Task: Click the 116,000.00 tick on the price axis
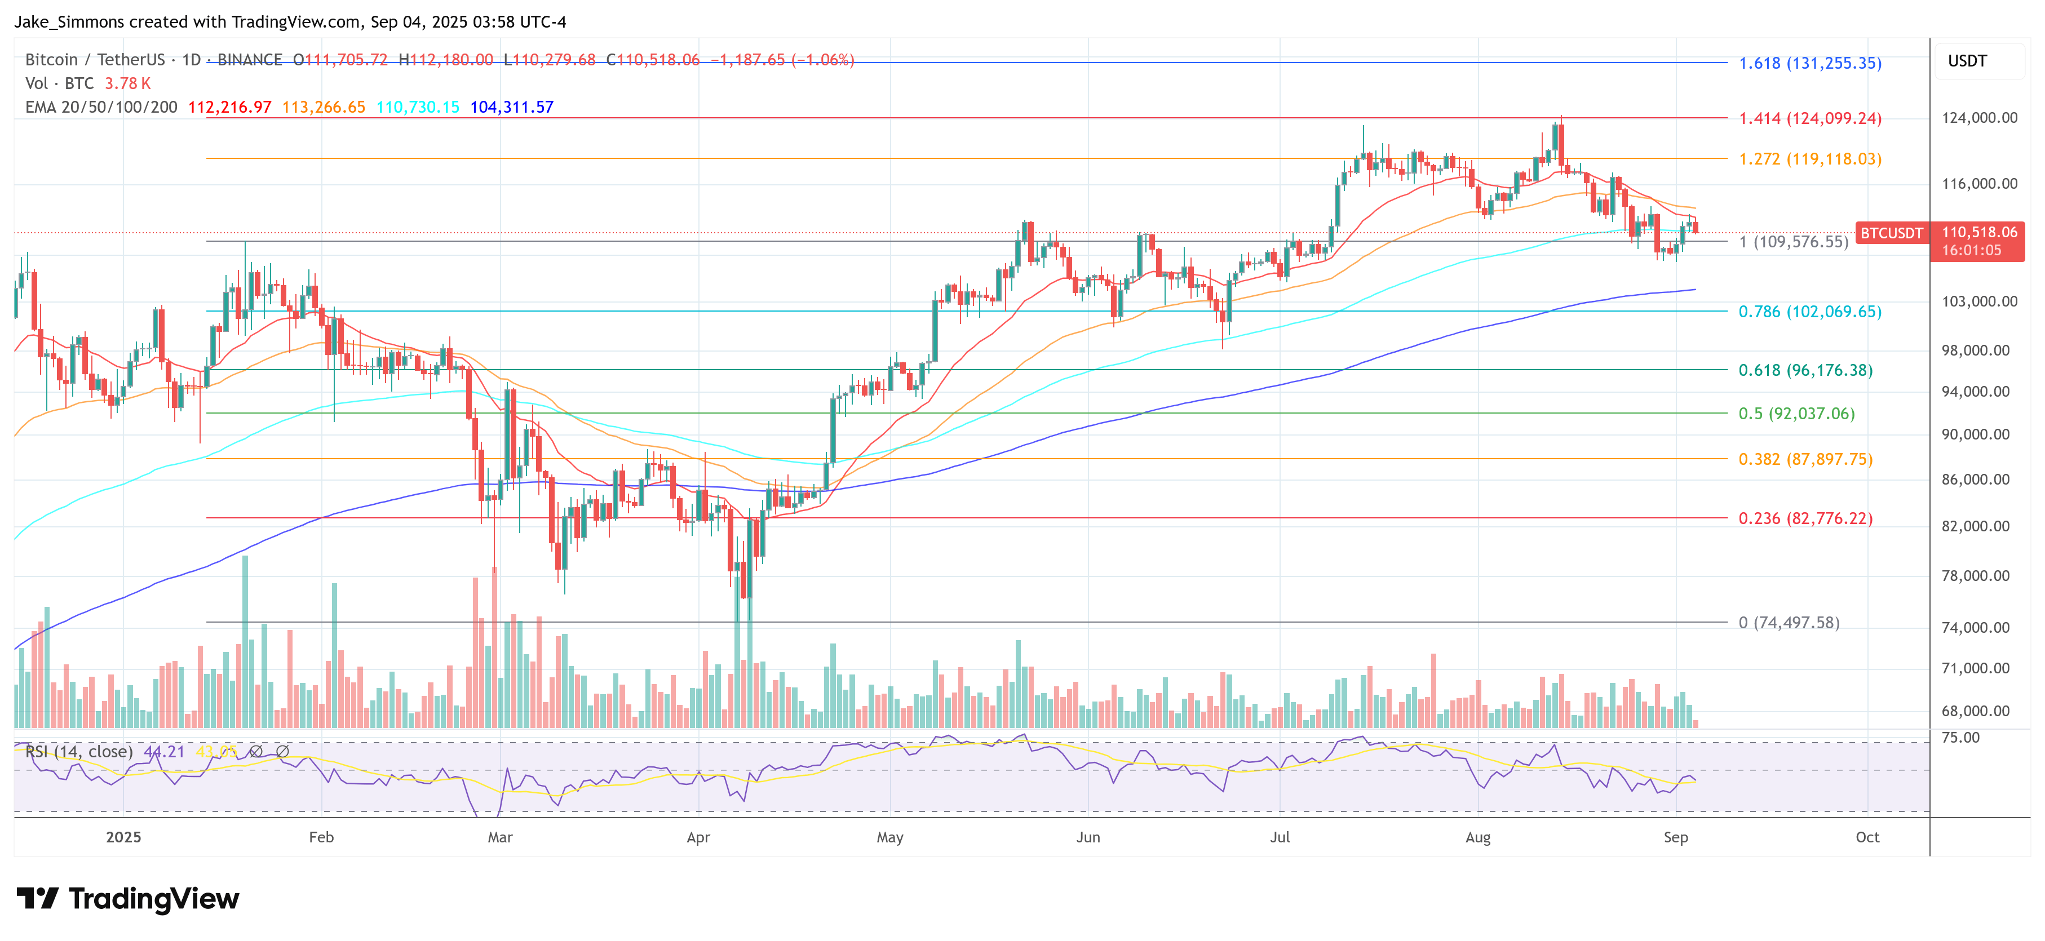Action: (1978, 184)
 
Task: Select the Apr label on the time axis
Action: (698, 837)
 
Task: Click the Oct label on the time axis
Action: (1867, 837)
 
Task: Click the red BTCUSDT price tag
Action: (1891, 233)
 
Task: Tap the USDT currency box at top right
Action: (1967, 61)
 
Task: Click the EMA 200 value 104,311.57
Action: (511, 107)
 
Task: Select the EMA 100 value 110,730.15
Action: (418, 107)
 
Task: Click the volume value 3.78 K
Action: (127, 83)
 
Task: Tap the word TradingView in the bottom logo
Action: (153, 899)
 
